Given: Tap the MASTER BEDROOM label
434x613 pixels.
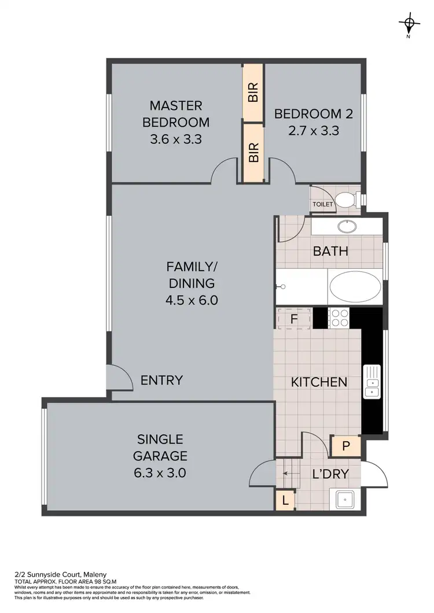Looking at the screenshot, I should pyautogui.click(x=176, y=114).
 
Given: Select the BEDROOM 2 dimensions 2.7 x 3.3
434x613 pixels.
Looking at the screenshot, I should pyautogui.click(x=313, y=131).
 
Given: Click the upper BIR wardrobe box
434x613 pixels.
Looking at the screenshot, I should pyautogui.click(x=253, y=92).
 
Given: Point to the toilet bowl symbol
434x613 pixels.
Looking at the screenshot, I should pyautogui.click(x=347, y=200).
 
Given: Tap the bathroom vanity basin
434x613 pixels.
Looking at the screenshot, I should pyautogui.click(x=347, y=226).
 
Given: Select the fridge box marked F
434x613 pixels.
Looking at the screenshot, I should pyautogui.click(x=294, y=319).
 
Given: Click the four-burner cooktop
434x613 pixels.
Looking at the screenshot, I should pyautogui.click(x=339, y=317).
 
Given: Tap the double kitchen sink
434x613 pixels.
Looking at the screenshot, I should pyautogui.click(x=371, y=382).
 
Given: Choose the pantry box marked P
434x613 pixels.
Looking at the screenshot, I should pyautogui.click(x=345, y=446).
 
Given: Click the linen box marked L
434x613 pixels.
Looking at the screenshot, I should pyautogui.click(x=285, y=499).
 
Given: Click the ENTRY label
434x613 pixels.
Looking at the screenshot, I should pyautogui.click(x=162, y=380).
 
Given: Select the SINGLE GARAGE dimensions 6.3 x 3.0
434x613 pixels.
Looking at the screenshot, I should pyautogui.click(x=160, y=472).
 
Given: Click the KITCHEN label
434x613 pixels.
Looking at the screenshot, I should pyautogui.click(x=318, y=382).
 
